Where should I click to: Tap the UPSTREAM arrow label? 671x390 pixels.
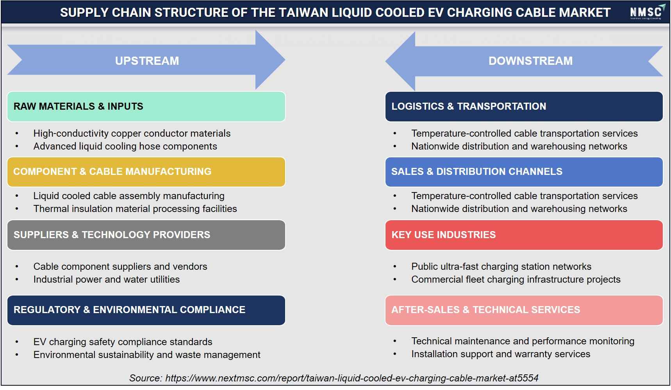147,61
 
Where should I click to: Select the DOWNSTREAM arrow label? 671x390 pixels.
530,61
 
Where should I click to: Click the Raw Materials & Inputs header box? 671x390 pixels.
146,107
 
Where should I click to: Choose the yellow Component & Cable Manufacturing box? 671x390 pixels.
146,172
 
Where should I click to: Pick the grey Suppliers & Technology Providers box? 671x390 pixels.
146,235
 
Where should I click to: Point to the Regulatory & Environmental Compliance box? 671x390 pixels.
146,310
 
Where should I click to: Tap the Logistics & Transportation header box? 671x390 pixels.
524,107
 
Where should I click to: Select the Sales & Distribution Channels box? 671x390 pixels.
524,172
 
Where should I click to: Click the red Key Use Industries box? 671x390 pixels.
524,235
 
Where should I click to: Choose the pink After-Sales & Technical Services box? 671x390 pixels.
524,310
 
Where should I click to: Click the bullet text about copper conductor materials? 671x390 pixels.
132,134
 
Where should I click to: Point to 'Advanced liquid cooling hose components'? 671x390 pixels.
125,146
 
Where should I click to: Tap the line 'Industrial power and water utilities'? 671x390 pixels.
106,280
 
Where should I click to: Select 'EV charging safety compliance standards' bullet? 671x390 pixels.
123,342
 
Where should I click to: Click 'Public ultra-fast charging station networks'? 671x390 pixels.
501,267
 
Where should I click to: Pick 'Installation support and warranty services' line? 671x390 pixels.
501,354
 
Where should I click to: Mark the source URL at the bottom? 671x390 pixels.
352,378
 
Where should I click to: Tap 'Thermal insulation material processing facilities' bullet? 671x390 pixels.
135,209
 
